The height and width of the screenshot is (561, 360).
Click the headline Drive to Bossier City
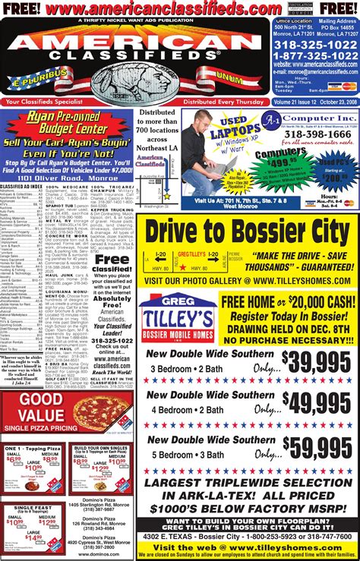pyautogui.click(x=247, y=232)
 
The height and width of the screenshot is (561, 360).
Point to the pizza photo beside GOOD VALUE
pyautogui.click(x=96, y=413)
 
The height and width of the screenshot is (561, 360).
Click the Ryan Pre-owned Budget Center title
pyautogui.click(x=68, y=122)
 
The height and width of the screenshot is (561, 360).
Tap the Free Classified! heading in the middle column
pyautogui.click(x=111, y=264)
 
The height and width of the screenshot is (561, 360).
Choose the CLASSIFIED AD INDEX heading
pyautogui.click(x=21, y=186)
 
